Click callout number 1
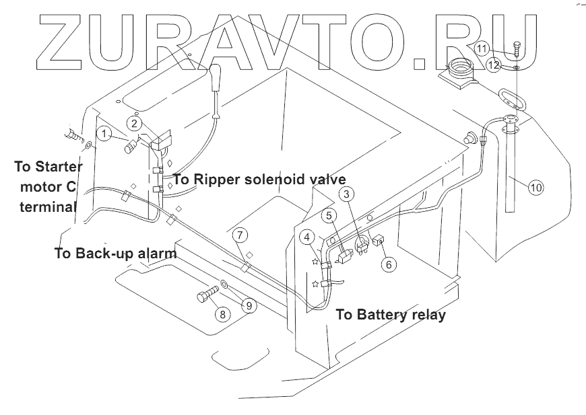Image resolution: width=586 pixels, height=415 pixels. (104, 133)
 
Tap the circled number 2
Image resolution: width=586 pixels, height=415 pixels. (135, 123)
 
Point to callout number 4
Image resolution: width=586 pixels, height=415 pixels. (306, 236)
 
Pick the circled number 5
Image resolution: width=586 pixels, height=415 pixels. (329, 215)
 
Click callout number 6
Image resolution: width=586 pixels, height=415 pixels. (388, 264)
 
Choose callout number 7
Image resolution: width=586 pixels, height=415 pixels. (241, 235)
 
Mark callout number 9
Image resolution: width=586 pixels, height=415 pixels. (248, 305)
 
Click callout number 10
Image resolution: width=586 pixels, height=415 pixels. (535, 188)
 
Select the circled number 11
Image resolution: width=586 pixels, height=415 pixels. (482, 48)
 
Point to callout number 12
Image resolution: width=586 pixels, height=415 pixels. (494, 65)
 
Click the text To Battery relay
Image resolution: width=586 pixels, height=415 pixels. (390, 314)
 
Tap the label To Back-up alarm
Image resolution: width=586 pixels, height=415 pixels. (115, 254)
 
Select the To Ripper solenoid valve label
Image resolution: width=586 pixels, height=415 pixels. (259, 180)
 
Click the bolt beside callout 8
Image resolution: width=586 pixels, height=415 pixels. (205, 295)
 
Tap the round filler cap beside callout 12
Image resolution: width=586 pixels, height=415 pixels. (461, 67)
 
